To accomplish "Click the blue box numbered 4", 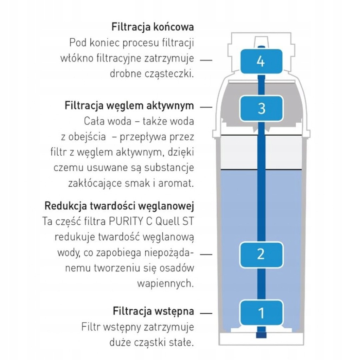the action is point(261,61).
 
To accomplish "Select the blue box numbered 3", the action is point(261,108).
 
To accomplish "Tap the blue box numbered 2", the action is point(261,255).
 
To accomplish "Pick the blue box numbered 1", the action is point(261,313).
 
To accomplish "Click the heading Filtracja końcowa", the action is point(153,27).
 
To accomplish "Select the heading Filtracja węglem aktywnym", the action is point(129,106).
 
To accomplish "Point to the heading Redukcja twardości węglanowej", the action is point(119,206).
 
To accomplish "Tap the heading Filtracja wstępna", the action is point(153,311).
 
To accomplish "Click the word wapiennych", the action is point(166,284).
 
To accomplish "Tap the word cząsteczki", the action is point(169,74).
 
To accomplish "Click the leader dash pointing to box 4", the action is point(206,60).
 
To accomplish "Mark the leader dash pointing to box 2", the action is point(206,254).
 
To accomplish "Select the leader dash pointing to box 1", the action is point(206,313).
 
